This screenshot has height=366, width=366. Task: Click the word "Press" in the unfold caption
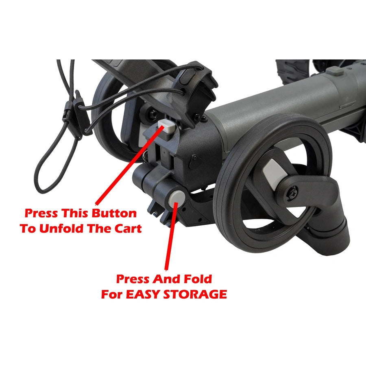coord(41,213)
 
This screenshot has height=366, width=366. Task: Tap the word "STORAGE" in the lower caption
coord(197,294)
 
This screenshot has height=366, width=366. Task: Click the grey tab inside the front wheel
coord(272,172)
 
